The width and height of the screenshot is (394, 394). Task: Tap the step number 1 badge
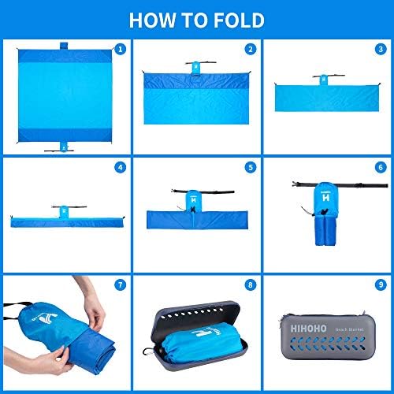[120, 49]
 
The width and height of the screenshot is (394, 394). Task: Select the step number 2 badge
[250, 49]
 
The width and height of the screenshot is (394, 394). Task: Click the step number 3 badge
[381, 49]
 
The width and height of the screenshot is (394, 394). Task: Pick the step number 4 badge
[120, 167]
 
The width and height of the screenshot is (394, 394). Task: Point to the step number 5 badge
[250, 167]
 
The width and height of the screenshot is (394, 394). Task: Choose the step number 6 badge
[381, 167]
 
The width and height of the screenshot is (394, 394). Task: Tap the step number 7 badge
[120, 286]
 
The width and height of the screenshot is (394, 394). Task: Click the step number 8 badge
[250, 286]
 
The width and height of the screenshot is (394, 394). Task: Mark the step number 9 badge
[381, 286]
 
